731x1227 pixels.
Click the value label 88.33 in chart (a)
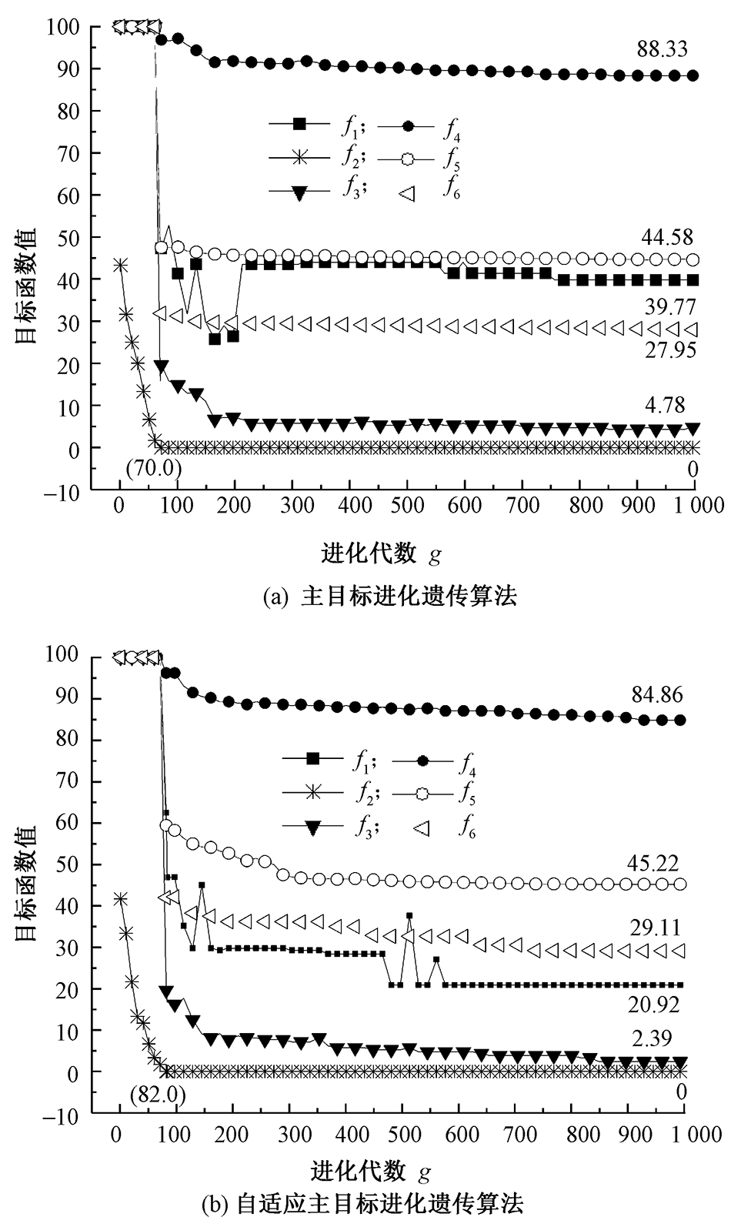[x=662, y=51]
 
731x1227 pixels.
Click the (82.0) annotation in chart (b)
[x=159, y=1094]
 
